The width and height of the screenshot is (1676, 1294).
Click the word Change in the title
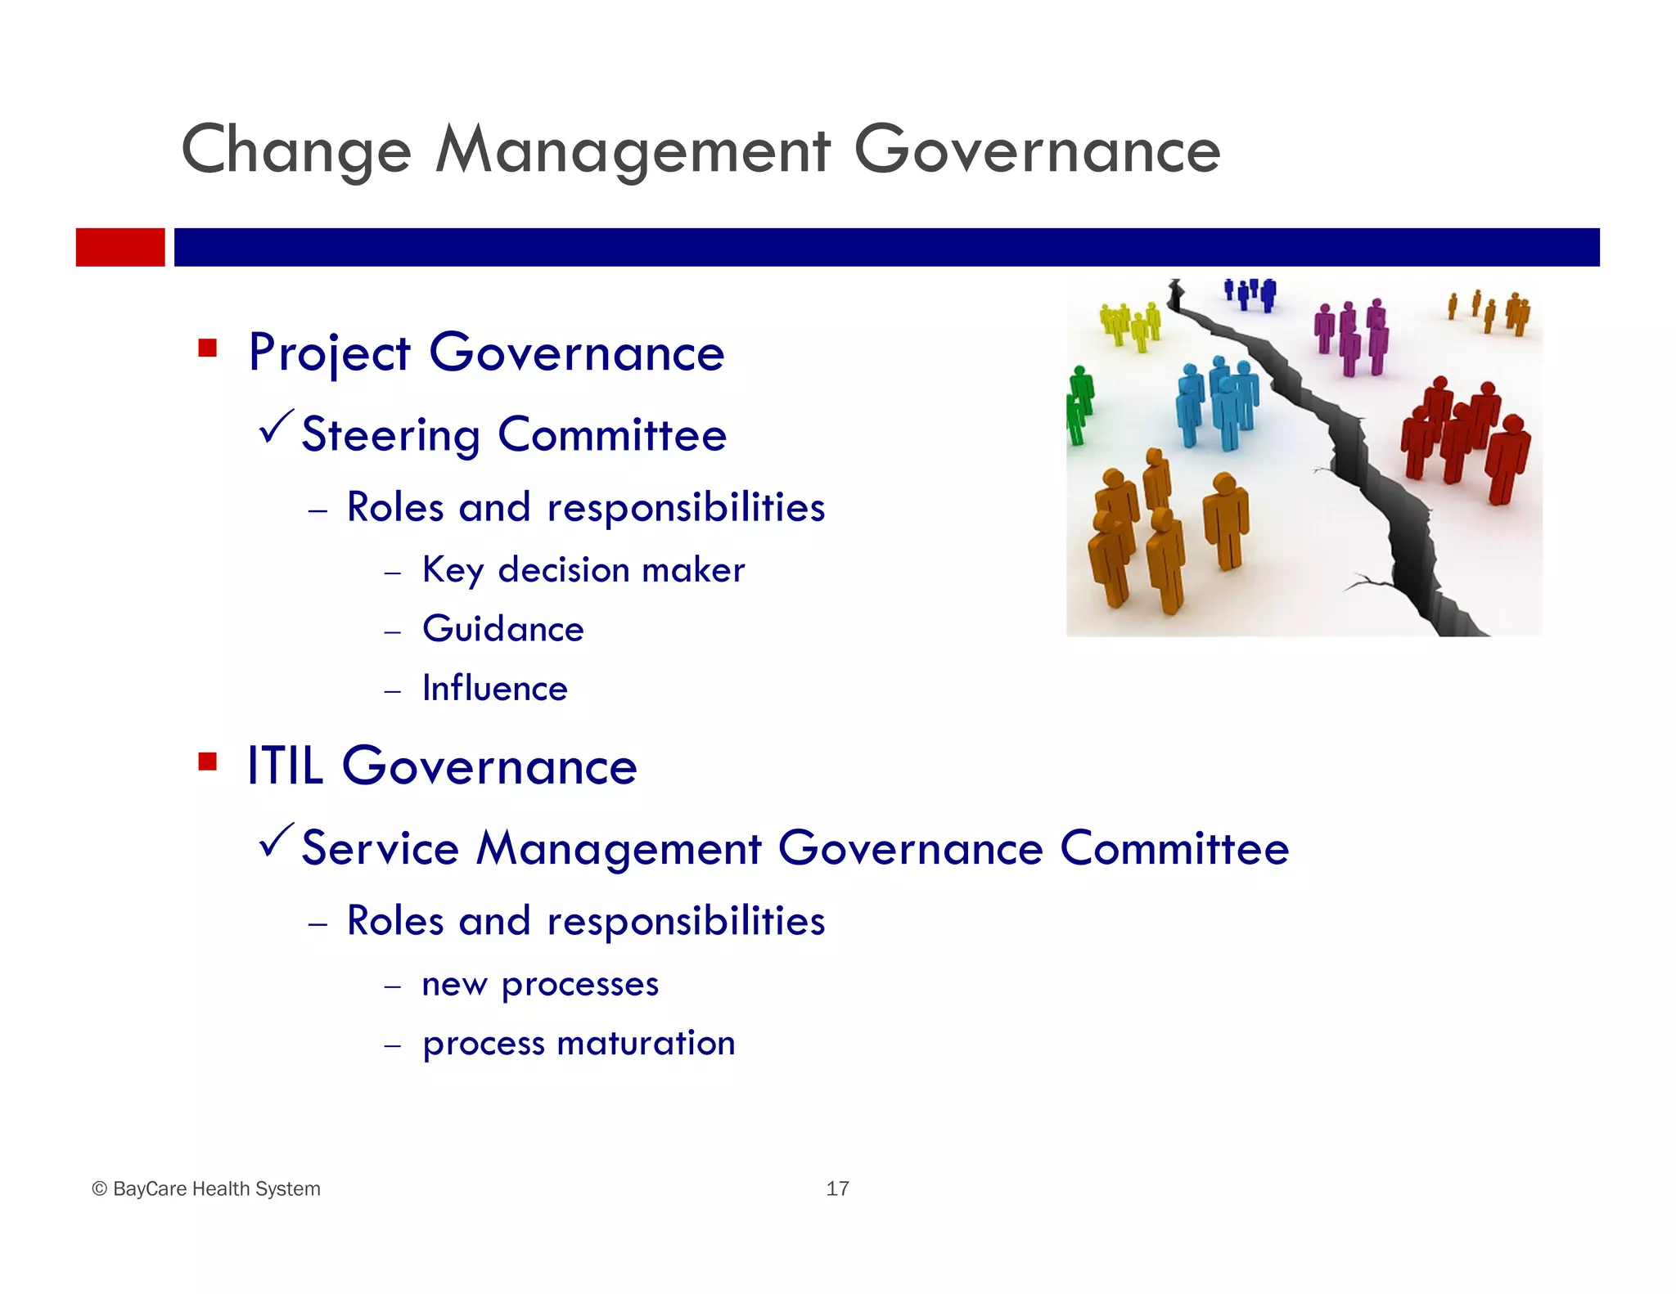tap(295, 151)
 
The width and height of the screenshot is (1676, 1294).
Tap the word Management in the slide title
tap(633, 151)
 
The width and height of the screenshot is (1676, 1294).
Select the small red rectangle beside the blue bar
tap(120, 247)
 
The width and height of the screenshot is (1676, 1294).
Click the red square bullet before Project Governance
tap(207, 349)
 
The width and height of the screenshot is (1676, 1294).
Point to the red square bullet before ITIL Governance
tap(207, 763)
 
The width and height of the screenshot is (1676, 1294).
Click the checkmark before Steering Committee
tap(276, 427)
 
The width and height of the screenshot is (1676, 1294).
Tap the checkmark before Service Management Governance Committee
tap(276, 841)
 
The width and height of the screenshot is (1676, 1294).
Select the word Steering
tap(390, 435)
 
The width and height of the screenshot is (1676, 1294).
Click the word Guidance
tap(502, 629)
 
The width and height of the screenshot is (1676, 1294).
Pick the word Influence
tap(494, 689)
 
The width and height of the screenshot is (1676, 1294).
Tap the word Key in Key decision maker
tap(452, 571)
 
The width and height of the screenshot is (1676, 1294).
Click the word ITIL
tap(285, 766)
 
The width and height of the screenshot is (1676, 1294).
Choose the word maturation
tap(646, 1044)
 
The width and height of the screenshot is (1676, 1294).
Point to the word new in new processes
tap(453, 985)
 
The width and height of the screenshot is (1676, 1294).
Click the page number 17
tap(837, 1188)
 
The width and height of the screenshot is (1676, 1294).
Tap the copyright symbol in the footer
tap(100, 1189)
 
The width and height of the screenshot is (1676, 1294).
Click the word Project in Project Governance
tap(329, 353)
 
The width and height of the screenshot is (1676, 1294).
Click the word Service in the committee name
tap(380, 848)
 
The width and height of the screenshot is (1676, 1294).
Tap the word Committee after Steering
tap(611, 434)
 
